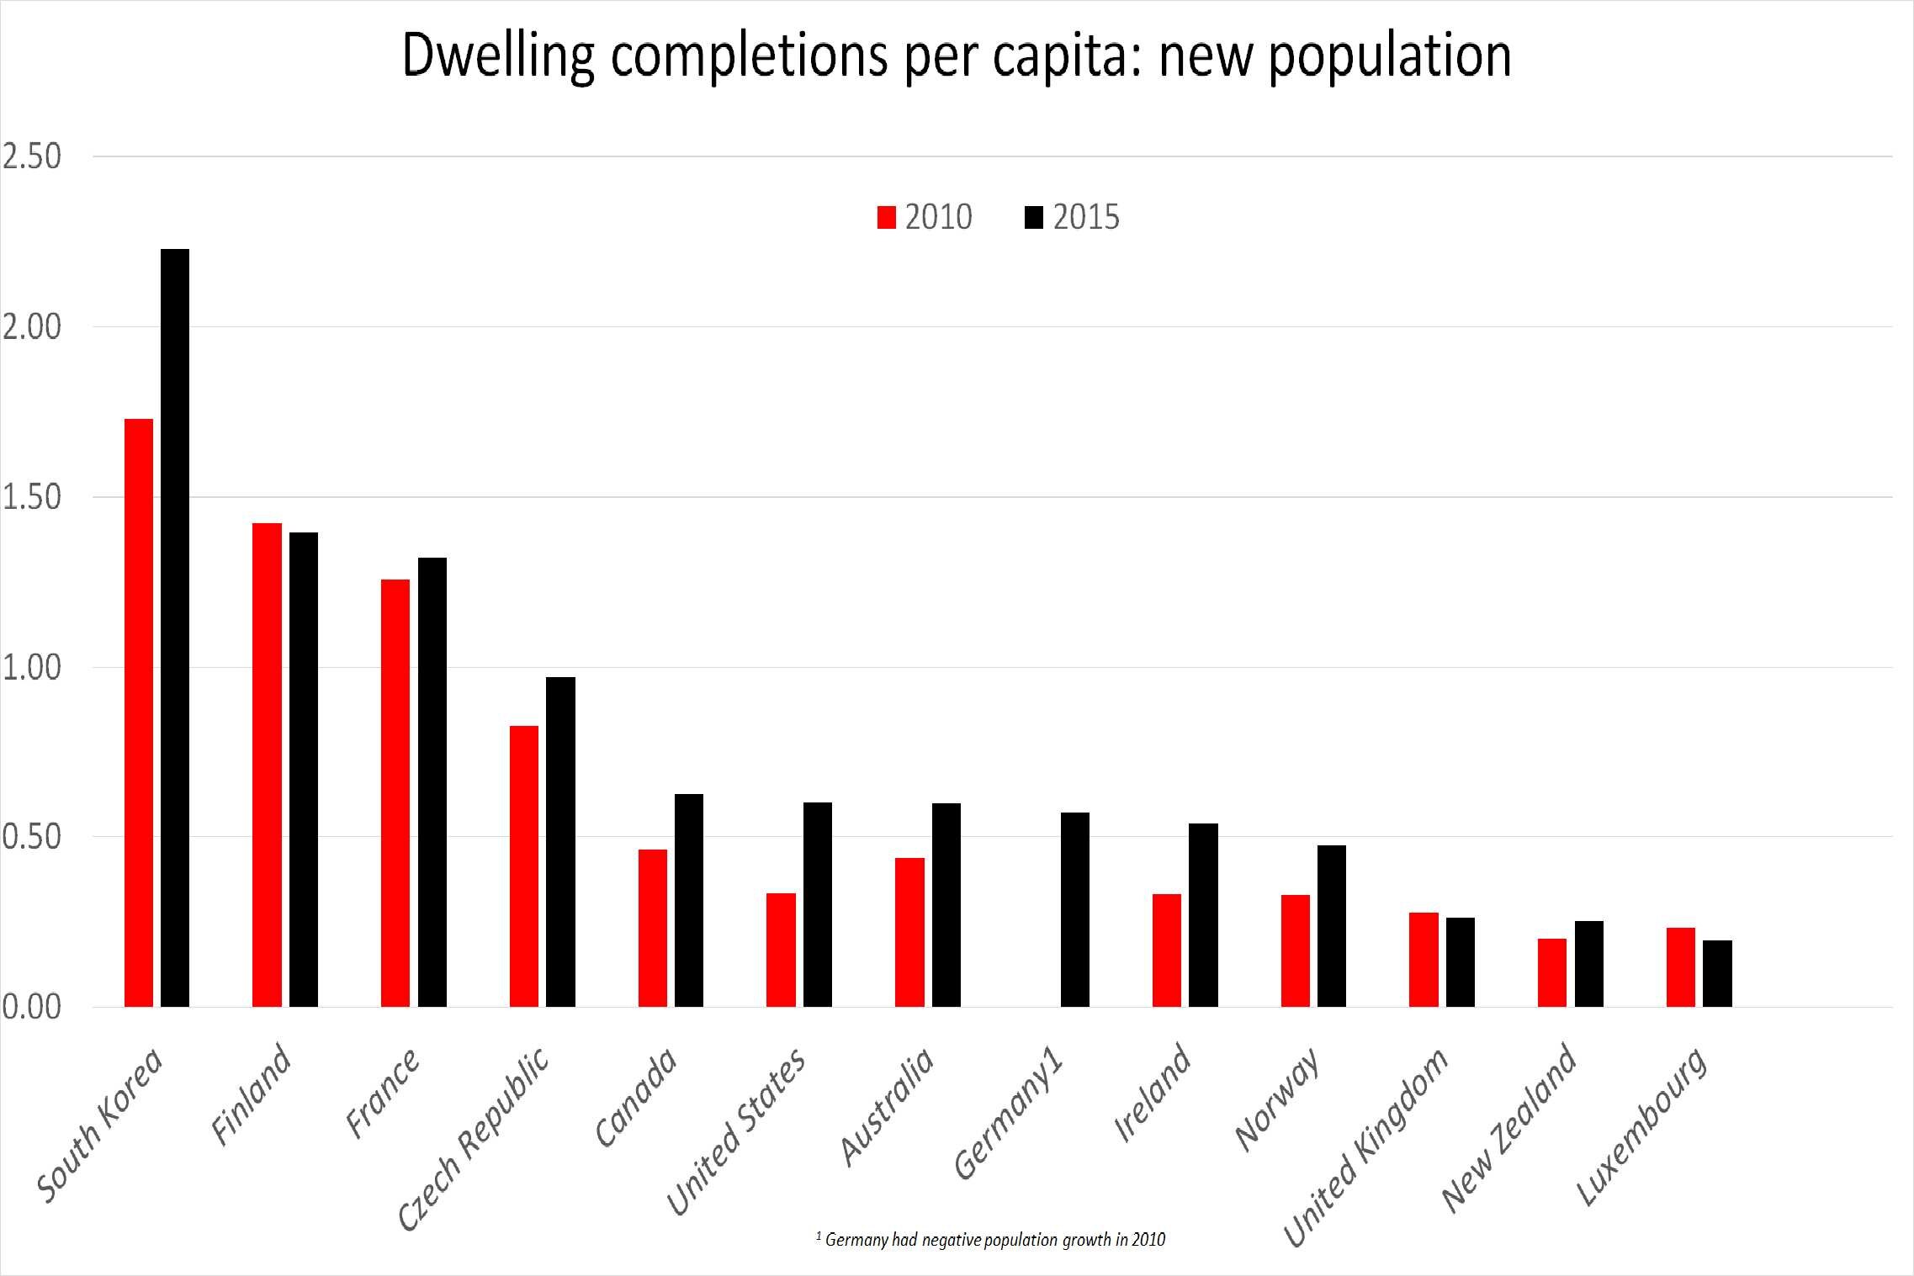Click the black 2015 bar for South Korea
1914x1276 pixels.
pyautogui.click(x=175, y=627)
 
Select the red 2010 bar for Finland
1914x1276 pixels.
pyautogui.click(x=267, y=765)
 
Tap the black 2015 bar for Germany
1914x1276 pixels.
pyautogui.click(x=1074, y=909)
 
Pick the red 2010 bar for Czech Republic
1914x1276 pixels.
pyautogui.click(x=524, y=866)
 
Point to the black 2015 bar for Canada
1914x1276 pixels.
pyautogui.click(x=688, y=900)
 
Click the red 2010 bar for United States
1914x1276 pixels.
pyautogui.click(x=781, y=950)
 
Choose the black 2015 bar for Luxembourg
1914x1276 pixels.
pyautogui.click(x=1717, y=973)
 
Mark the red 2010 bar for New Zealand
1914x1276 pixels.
pyautogui.click(x=1551, y=972)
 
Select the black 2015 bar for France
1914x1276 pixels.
pyautogui.click(x=432, y=781)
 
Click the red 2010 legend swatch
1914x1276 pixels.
pyautogui.click(x=886, y=218)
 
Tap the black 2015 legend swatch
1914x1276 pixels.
pyautogui.click(x=1034, y=218)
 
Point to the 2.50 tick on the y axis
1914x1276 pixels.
pyautogui.click(x=32, y=156)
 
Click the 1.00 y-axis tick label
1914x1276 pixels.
pyautogui.click(x=32, y=667)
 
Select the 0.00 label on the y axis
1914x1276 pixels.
pyautogui.click(x=32, y=1007)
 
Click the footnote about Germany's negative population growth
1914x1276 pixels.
pyautogui.click(x=991, y=1239)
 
